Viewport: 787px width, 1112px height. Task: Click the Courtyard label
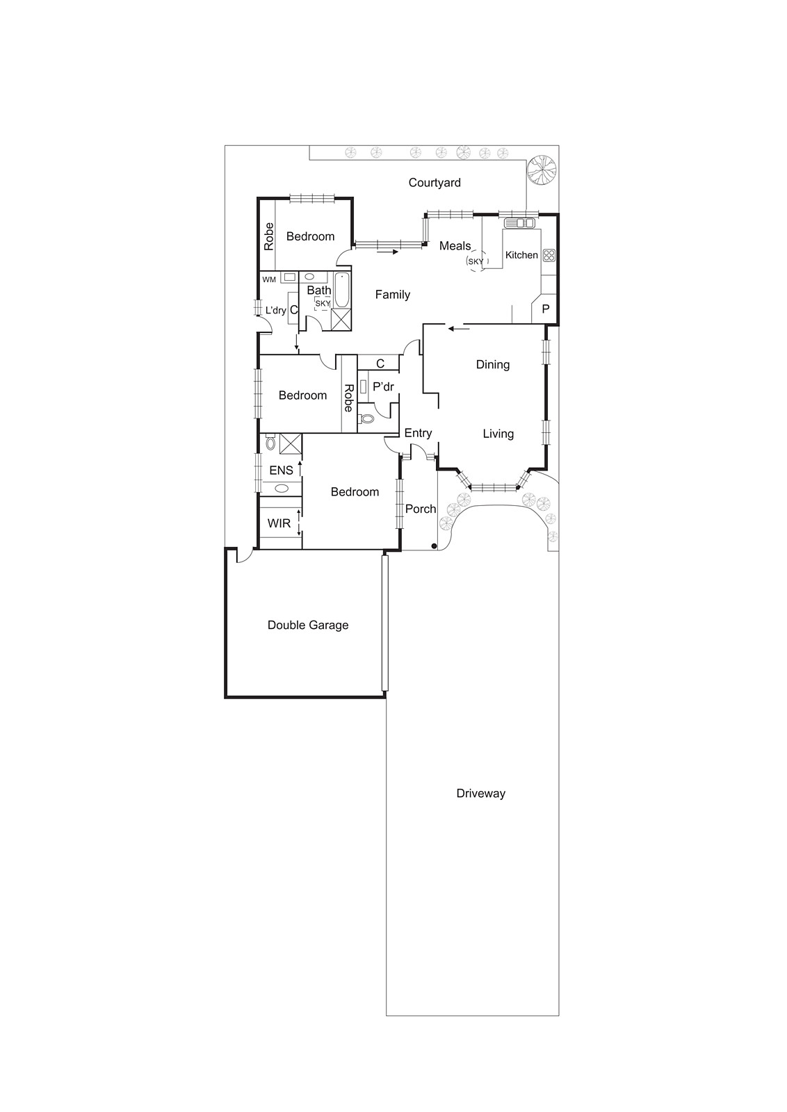coord(435,183)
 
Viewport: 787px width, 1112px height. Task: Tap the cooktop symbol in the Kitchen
coord(549,255)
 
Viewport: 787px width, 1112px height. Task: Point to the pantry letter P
coord(546,309)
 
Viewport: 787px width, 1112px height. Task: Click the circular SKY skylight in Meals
coord(476,261)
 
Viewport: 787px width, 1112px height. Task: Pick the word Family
coord(393,295)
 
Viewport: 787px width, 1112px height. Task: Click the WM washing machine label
coord(269,279)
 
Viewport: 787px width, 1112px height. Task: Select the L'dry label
coord(275,310)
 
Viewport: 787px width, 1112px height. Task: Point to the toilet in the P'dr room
coord(367,418)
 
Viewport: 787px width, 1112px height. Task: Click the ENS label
coord(281,471)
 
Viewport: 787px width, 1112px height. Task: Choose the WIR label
coord(279,523)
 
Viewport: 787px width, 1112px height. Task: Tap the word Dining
coord(493,364)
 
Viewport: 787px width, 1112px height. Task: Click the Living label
coord(498,434)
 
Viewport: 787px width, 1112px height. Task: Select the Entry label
coord(418,433)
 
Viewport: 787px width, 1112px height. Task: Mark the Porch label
coord(421,509)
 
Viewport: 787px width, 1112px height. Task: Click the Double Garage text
coord(308,625)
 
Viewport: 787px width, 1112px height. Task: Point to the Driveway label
coord(481,793)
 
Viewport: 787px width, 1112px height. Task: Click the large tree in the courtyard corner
coord(542,171)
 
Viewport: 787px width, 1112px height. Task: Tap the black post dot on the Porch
coord(433,546)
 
